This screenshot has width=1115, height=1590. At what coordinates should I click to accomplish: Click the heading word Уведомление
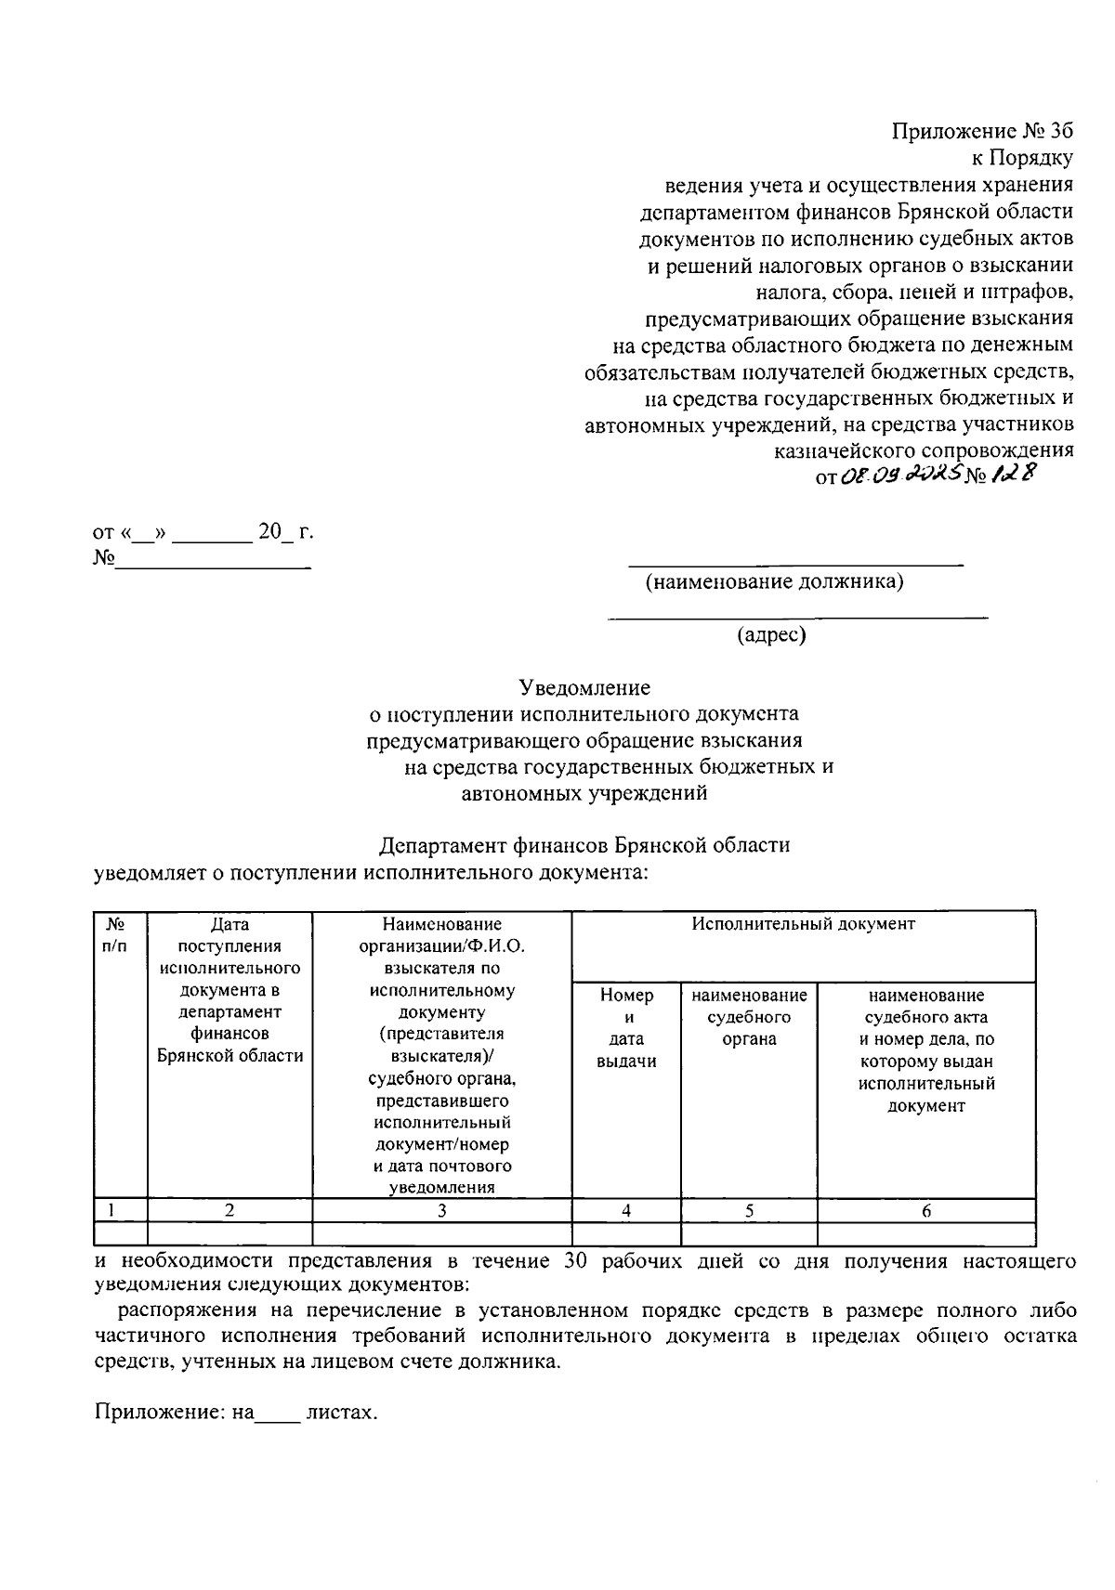[x=584, y=688]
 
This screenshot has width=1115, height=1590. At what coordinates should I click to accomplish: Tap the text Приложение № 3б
[x=983, y=132]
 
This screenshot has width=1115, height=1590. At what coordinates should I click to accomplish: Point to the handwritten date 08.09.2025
[x=897, y=476]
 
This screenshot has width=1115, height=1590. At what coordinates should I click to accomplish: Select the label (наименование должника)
[x=775, y=582]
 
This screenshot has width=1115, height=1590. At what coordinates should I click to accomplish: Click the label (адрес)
[x=770, y=635]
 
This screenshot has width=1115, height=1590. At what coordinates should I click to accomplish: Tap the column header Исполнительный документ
[x=803, y=924]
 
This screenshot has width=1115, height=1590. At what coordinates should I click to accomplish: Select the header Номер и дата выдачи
[x=626, y=1028]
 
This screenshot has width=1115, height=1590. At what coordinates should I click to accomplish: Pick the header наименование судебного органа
[x=749, y=1017]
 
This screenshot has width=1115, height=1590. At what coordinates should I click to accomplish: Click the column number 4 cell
[x=626, y=1211]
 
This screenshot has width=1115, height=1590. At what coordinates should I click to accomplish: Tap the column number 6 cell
[x=926, y=1211]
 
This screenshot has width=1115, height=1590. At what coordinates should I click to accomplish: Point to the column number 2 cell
[x=230, y=1211]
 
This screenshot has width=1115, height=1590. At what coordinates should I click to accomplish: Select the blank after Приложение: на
[x=278, y=1414]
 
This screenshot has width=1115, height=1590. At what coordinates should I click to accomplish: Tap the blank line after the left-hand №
[x=212, y=561]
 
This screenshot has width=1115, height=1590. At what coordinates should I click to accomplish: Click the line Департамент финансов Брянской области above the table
[x=584, y=846]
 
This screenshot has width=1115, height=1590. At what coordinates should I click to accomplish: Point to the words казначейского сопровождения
[x=924, y=450]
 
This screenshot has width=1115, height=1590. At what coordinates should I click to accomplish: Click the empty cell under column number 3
[x=441, y=1233]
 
